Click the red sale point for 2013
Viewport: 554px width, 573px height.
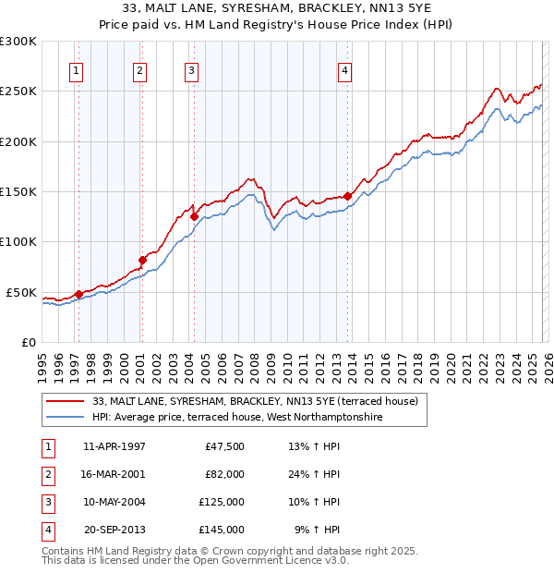pos(347,196)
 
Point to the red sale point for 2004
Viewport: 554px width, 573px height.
pos(194,216)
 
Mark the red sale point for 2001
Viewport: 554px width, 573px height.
pos(142,260)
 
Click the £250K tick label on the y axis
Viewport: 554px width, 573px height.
pos(18,91)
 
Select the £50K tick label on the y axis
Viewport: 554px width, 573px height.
pos(21,292)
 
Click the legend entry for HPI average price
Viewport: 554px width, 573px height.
pos(237,418)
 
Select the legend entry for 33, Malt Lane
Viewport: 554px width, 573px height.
pos(255,401)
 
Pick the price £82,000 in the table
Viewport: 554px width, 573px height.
pos(223,474)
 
